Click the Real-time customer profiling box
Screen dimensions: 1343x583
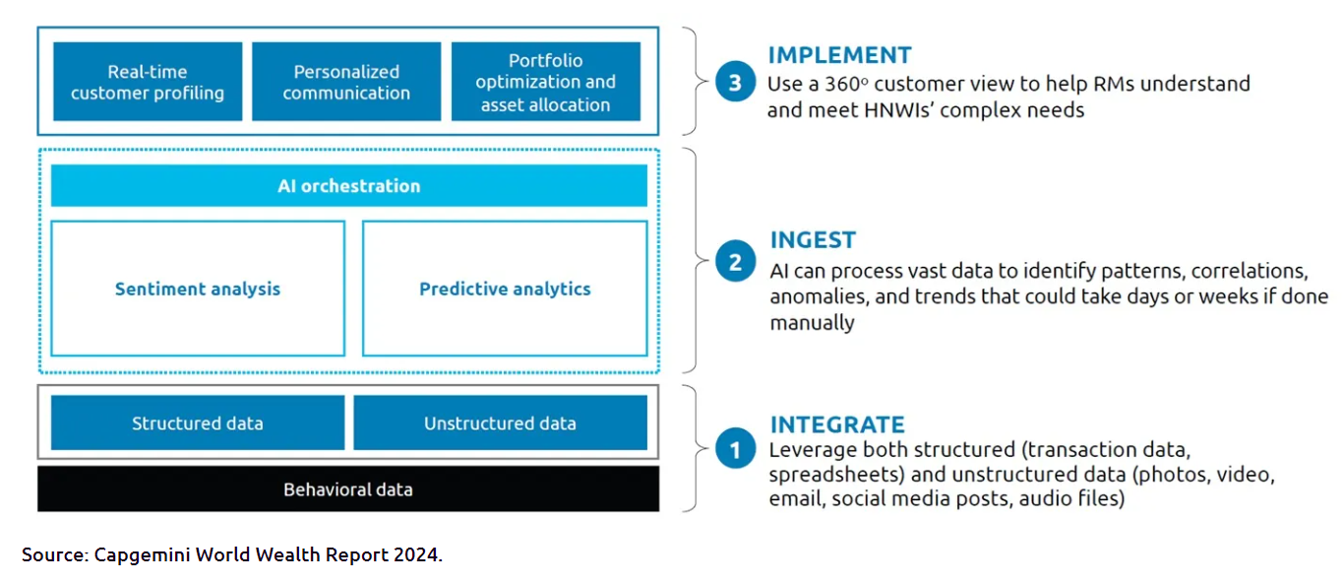click(148, 82)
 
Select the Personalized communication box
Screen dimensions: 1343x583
click(346, 82)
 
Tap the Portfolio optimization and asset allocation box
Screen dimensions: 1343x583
click(546, 82)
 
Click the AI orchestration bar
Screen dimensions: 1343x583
click(349, 186)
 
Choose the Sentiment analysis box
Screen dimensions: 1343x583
click(198, 289)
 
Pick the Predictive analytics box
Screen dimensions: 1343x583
click(505, 289)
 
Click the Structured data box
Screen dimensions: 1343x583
click(198, 422)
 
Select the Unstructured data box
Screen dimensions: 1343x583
click(500, 422)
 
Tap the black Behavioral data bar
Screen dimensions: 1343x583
click(348, 489)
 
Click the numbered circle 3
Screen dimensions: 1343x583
click(735, 82)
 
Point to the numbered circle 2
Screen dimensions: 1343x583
click(735, 261)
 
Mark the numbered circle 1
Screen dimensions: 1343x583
click(735, 448)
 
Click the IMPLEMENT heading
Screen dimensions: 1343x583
click(840, 55)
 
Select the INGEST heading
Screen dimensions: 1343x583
click(813, 240)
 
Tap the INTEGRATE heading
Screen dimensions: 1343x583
click(837, 425)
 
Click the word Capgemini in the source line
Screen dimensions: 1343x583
click(142, 555)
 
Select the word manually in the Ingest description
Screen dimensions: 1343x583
click(813, 323)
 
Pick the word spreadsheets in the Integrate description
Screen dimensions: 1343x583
click(836, 476)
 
